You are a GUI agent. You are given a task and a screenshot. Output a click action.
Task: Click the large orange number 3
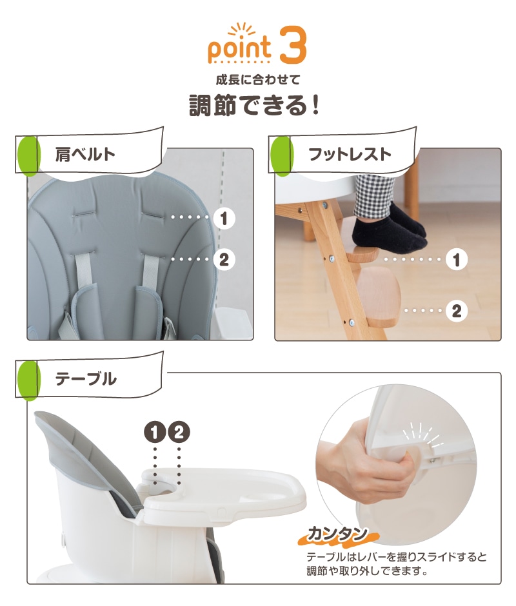point(293,45)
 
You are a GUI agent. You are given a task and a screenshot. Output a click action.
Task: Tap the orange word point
point(239,48)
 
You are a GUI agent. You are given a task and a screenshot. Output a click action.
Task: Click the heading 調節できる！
point(255,105)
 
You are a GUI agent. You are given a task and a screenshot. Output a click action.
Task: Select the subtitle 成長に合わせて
point(257,80)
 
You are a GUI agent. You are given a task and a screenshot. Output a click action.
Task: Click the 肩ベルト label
point(85,154)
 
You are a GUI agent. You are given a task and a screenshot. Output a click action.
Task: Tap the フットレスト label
point(350,154)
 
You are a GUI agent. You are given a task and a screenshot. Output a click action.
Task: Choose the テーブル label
point(86,379)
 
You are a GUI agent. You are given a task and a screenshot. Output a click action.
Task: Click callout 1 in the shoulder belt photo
point(224,219)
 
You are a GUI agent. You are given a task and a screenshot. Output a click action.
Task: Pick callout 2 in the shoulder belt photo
point(224,259)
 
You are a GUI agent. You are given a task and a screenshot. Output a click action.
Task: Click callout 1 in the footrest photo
point(457,260)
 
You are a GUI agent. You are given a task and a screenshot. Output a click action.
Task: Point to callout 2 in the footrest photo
point(457,311)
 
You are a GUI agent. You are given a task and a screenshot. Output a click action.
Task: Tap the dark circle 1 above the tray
point(155,432)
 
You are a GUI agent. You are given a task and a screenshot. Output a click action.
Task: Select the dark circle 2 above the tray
point(179,432)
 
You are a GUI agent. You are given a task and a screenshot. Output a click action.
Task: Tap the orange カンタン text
point(337,534)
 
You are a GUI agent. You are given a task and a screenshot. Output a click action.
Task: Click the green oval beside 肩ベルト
point(28,155)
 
